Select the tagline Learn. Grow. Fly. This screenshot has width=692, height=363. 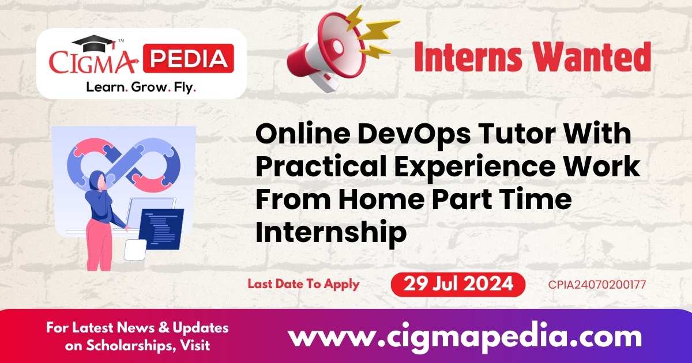pyautogui.click(x=141, y=88)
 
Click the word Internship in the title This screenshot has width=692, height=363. pyautogui.click(x=331, y=232)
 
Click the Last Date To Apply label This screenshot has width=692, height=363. pyautogui.click(x=303, y=283)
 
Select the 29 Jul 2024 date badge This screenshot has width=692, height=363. pyautogui.click(x=458, y=284)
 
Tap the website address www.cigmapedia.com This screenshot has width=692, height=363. pyautogui.click(x=465, y=335)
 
